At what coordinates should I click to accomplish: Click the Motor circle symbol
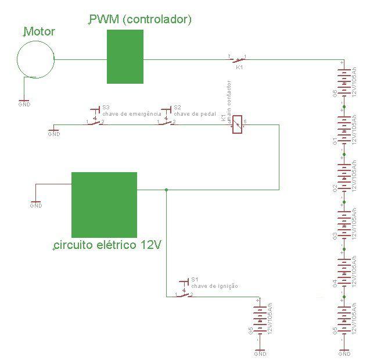35,58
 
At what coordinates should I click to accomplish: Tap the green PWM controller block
125,56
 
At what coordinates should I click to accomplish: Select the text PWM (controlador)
140,20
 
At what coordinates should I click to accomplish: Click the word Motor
39,31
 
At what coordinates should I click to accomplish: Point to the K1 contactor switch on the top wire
237,59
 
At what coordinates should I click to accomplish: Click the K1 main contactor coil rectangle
237,124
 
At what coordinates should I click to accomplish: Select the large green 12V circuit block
104,201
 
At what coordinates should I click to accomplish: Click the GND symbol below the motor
24,103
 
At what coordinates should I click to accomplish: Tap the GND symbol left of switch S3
53,132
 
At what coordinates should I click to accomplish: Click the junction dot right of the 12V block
166,190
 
